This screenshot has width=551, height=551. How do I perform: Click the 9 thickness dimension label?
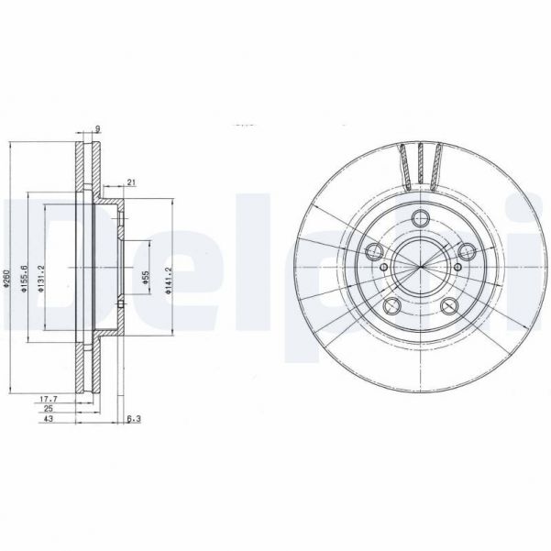click(x=97, y=128)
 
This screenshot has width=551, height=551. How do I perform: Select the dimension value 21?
click(x=133, y=182)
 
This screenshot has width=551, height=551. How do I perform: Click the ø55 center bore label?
click(x=145, y=278)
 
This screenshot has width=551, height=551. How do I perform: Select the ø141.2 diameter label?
click(x=168, y=278)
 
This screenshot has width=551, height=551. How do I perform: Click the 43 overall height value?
click(x=47, y=421)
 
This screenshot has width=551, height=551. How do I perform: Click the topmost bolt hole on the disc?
click(x=421, y=217)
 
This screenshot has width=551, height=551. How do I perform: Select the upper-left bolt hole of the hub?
click(x=374, y=252)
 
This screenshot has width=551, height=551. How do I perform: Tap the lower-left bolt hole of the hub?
click(x=391, y=307)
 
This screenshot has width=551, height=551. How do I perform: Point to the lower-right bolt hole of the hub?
click(x=450, y=307)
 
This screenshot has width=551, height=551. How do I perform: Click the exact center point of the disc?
click(x=421, y=267)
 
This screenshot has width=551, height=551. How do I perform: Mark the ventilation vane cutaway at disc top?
click(x=421, y=163)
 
